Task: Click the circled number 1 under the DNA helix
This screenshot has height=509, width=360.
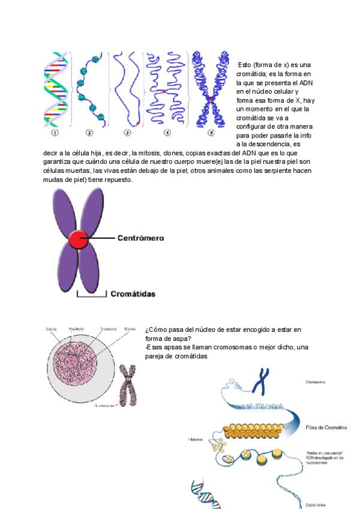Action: (x=55, y=133)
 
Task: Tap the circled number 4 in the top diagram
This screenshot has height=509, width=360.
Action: (x=167, y=133)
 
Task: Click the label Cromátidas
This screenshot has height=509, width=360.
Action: (x=133, y=294)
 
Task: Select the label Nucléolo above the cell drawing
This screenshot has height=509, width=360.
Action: (x=76, y=330)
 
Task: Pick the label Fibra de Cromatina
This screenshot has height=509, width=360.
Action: (x=326, y=427)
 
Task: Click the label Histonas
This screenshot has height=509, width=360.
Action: (x=196, y=440)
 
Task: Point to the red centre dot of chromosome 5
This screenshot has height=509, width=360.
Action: (x=211, y=98)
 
